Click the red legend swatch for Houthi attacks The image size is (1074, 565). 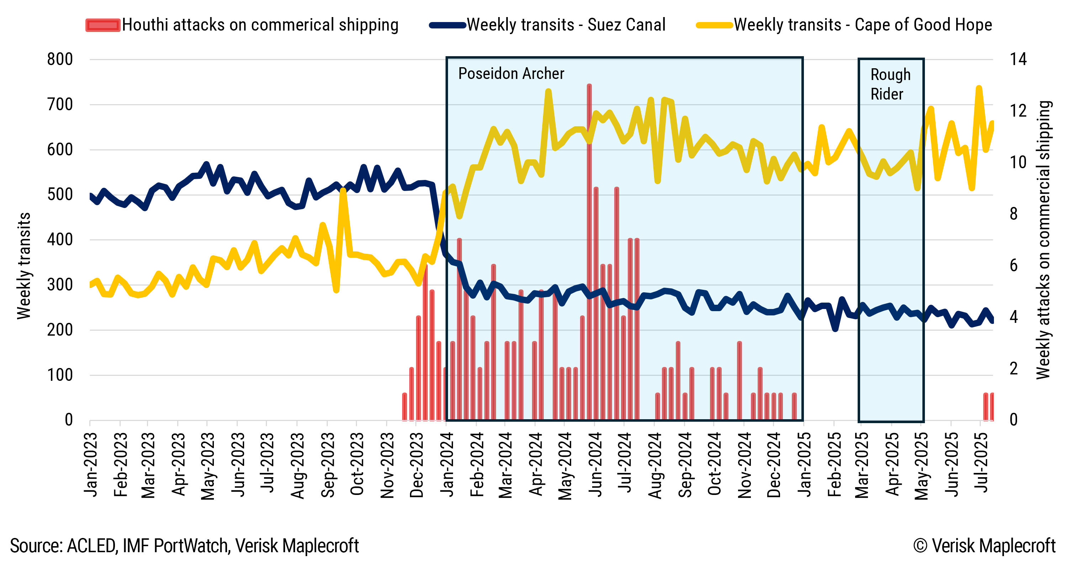[x=102, y=25]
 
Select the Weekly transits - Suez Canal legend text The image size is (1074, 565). [x=566, y=25]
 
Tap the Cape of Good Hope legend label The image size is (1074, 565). [x=863, y=25]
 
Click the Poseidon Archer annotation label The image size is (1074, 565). [x=511, y=74]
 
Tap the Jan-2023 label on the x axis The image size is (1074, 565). [x=91, y=465]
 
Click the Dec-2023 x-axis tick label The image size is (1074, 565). [x=416, y=465]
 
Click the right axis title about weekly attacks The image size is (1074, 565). [x=1043, y=240]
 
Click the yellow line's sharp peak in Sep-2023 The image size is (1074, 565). [x=343, y=191]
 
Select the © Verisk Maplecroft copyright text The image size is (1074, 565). [x=984, y=545]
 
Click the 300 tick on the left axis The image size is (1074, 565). [x=60, y=285]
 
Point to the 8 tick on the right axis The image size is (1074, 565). [x=1014, y=214]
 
